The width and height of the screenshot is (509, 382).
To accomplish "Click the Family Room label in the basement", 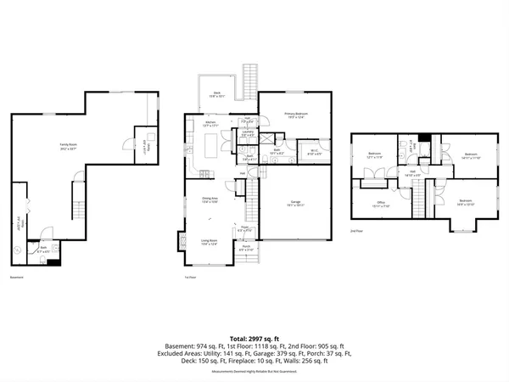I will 63,145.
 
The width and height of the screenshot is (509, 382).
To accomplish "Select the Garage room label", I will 294,203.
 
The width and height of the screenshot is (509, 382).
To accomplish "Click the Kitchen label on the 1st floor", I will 212,124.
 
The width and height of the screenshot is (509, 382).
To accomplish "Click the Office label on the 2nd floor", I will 381,204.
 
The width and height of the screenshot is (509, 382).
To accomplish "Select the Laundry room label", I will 249,133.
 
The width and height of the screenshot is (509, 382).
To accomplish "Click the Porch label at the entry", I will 245,248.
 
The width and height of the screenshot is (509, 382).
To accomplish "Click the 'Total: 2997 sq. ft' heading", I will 255,338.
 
